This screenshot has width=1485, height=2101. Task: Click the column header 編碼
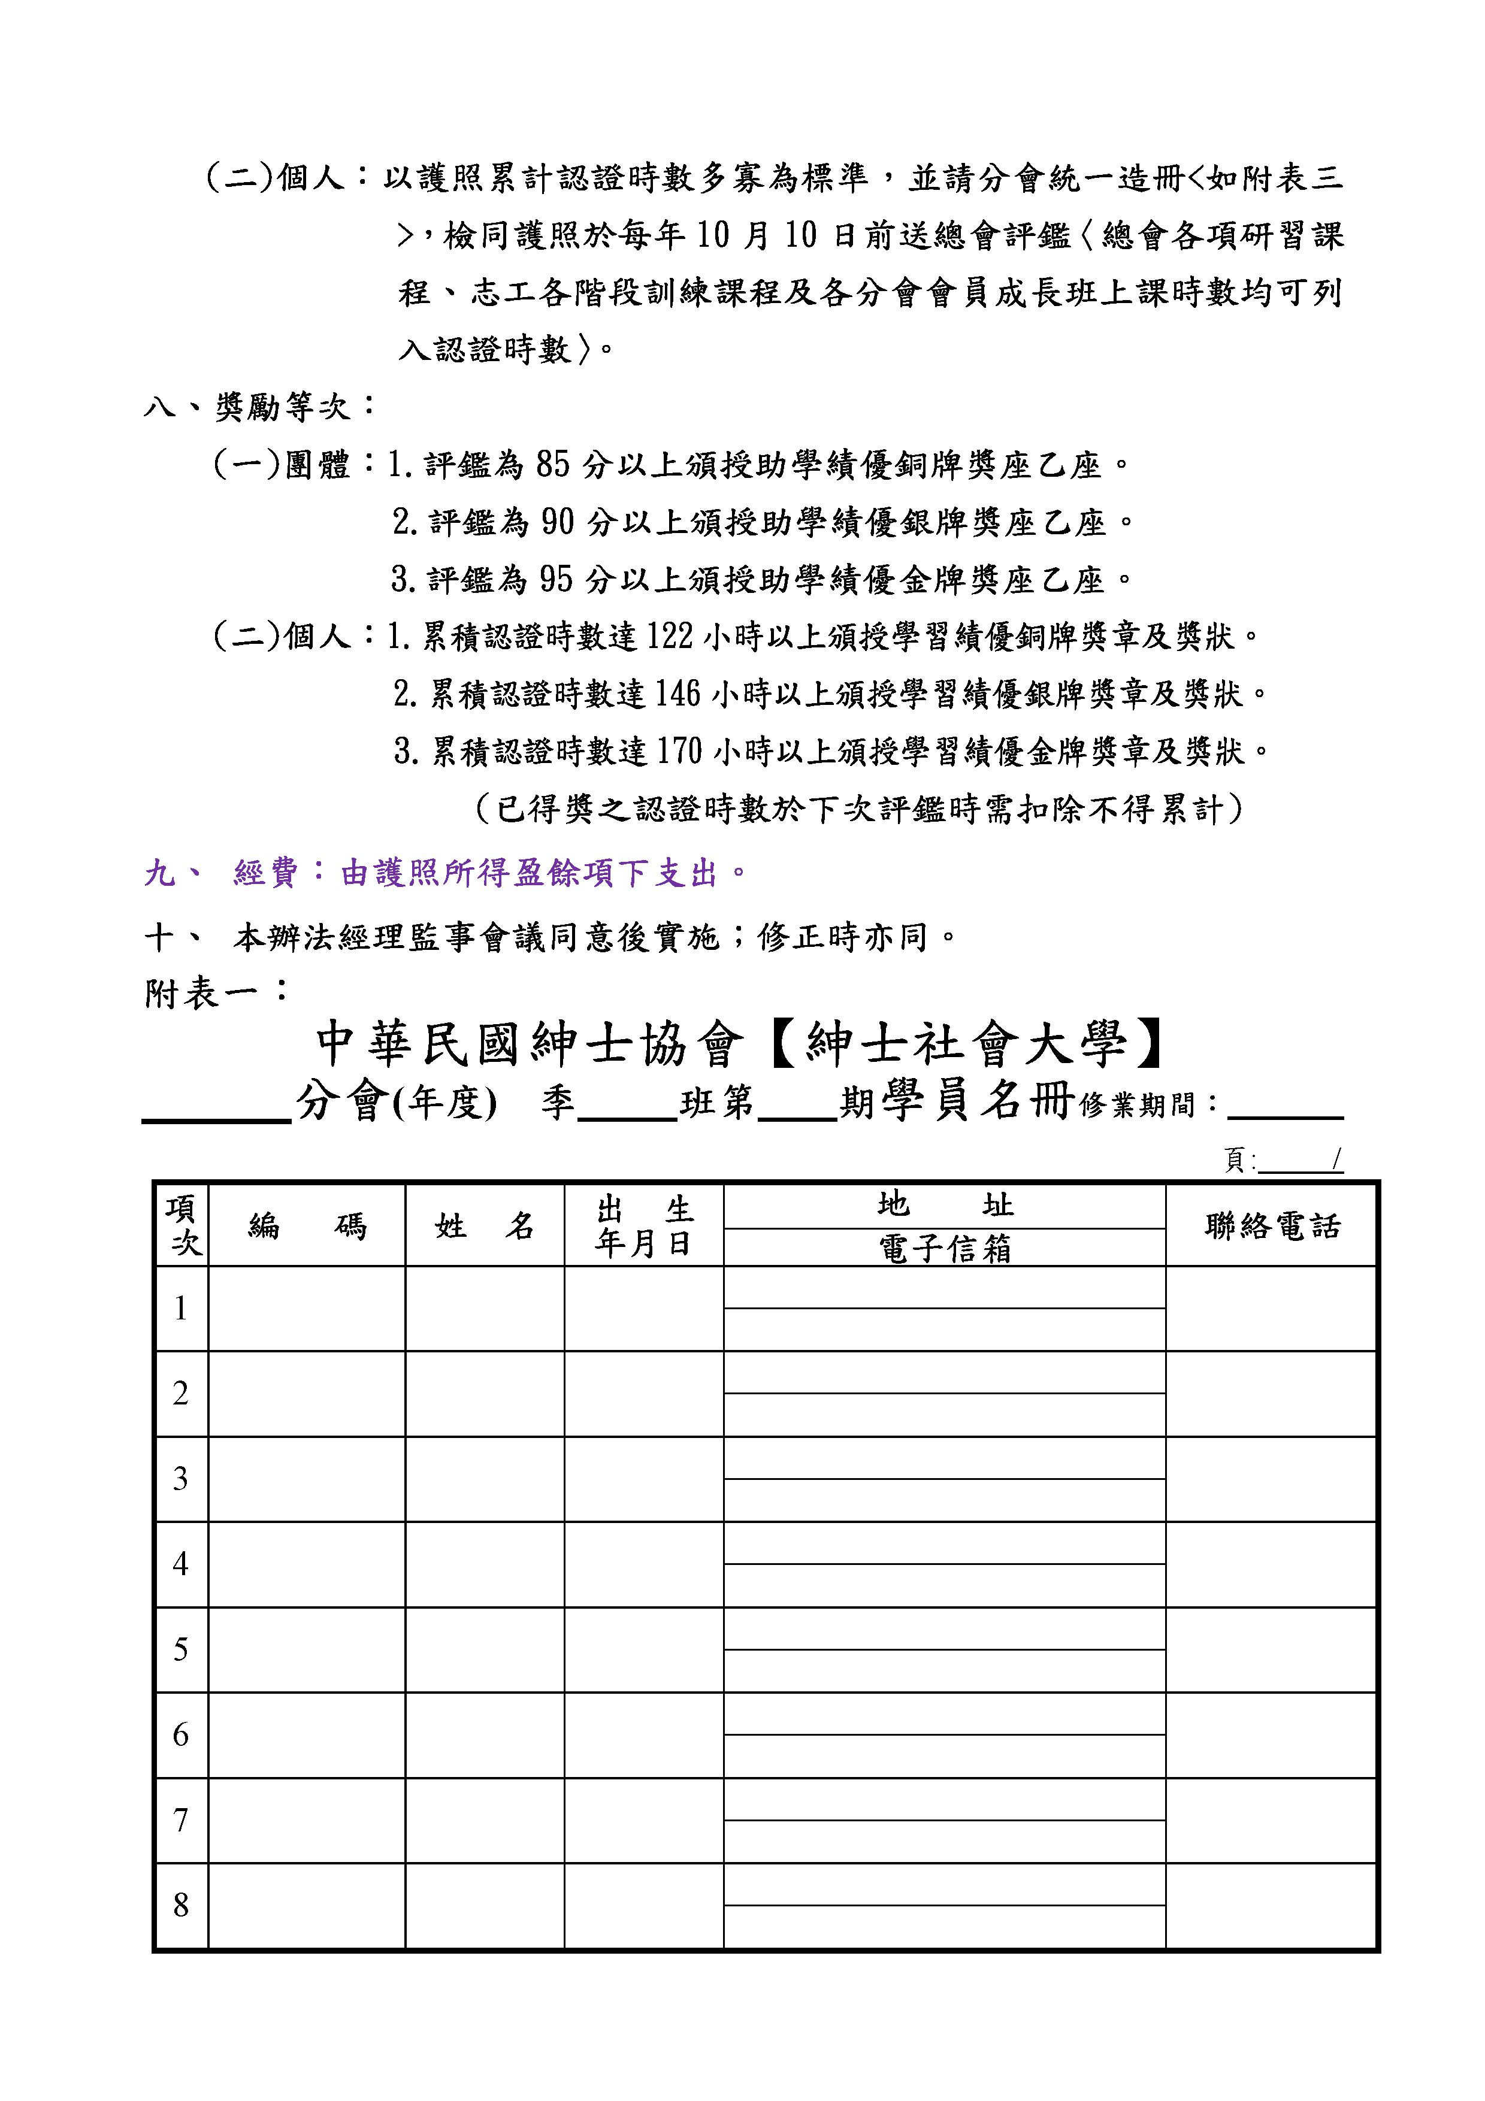(x=307, y=1226)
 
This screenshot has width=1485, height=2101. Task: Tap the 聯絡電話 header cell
(x=1271, y=1226)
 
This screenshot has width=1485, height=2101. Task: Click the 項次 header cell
(x=182, y=1226)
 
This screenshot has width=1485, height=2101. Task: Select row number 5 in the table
(x=181, y=1649)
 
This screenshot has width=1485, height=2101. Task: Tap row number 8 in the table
(x=181, y=1906)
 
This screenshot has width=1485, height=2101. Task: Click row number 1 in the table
(x=181, y=1309)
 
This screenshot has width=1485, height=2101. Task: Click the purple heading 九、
(x=174, y=874)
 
